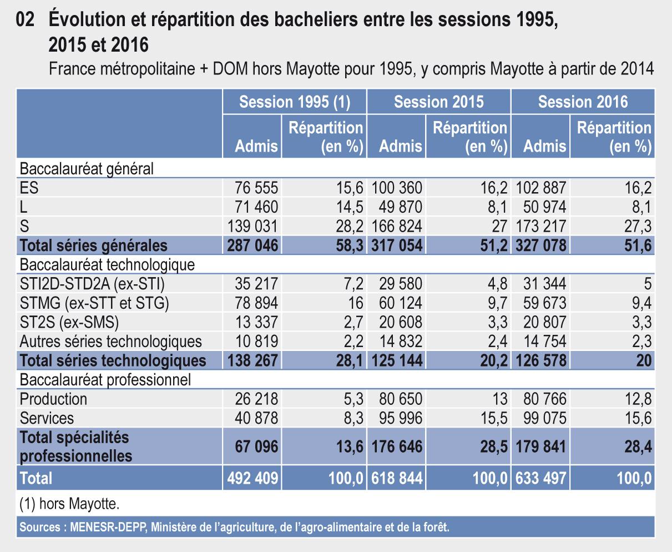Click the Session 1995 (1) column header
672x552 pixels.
coord(294,102)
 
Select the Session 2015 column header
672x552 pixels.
coord(438,102)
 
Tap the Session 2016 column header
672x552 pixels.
coord(583,102)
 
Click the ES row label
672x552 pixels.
coord(29,188)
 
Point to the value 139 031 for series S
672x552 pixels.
coord(252,226)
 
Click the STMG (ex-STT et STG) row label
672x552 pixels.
coord(94,303)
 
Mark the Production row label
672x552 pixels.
coord(53,399)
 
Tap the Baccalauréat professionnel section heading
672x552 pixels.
coord(105,379)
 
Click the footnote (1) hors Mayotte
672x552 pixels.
coord(69,505)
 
